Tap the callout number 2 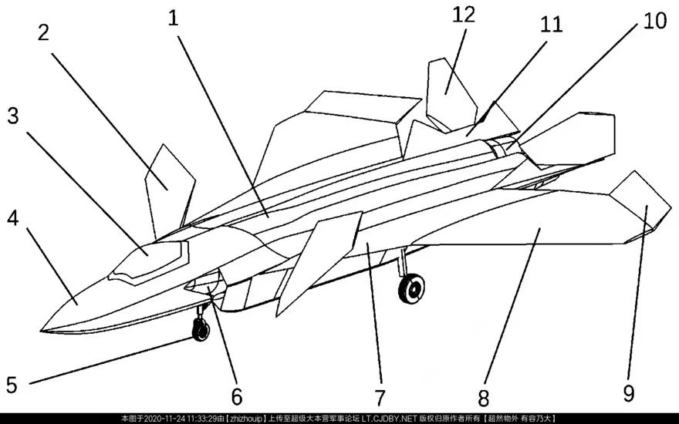point(42,32)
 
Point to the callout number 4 point(12,219)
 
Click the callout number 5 point(12,383)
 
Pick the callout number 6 point(236,397)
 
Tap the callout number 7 point(379,398)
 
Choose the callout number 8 point(484,398)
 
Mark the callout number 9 point(629,394)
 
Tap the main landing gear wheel point(412,289)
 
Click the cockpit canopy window point(150,257)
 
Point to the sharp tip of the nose point(41,331)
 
